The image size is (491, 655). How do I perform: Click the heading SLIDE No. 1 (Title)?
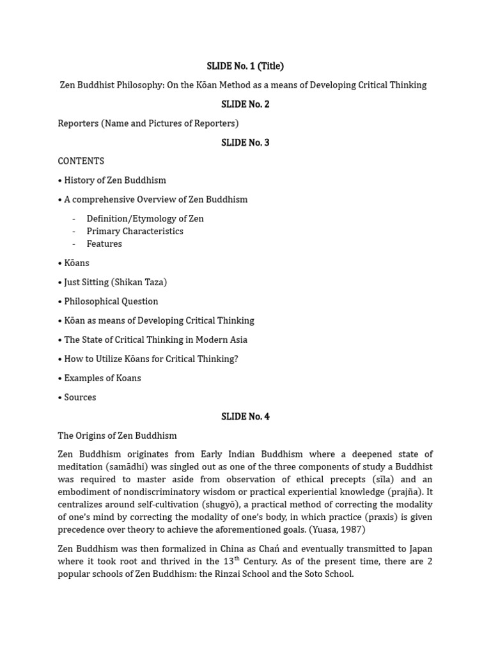[x=245, y=66]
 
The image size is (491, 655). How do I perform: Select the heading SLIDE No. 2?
[x=245, y=104]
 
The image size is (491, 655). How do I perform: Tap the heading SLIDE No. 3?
[x=245, y=143]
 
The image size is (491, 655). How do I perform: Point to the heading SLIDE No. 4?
[x=245, y=416]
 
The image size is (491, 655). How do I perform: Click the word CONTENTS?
[x=81, y=161]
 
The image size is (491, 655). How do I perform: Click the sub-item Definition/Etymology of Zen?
[x=145, y=219]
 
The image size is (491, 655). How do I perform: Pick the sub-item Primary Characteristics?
[x=135, y=232]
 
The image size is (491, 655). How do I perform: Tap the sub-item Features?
[x=104, y=244]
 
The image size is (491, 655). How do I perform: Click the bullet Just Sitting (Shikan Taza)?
[x=115, y=282]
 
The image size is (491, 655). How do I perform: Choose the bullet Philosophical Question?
[x=111, y=301]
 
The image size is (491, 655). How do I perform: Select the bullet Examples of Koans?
[x=102, y=378]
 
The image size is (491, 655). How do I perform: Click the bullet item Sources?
[x=80, y=397]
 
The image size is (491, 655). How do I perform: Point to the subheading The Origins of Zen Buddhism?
[x=117, y=436]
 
